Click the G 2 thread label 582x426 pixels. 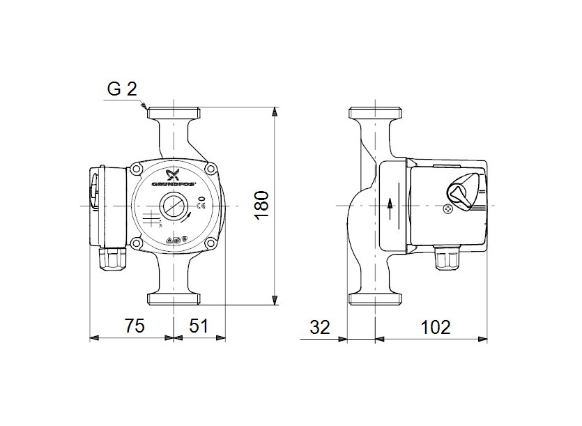pyautogui.click(x=122, y=89)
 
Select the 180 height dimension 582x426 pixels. pyautogui.click(x=261, y=206)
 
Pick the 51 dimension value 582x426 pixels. pyautogui.click(x=199, y=326)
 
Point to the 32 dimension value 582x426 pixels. pyautogui.click(x=319, y=326)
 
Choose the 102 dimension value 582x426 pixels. pyautogui.click(x=436, y=326)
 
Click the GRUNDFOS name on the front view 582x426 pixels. pyautogui.click(x=174, y=185)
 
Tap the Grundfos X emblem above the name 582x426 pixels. pyautogui.click(x=174, y=174)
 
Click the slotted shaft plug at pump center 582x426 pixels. pyautogui.click(x=174, y=206)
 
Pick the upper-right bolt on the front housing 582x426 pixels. pyautogui.click(x=210, y=168)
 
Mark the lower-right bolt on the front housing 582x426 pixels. pyautogui.click(x=210, y=243)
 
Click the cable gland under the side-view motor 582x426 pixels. pyautogui.click(x=447, y=259)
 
